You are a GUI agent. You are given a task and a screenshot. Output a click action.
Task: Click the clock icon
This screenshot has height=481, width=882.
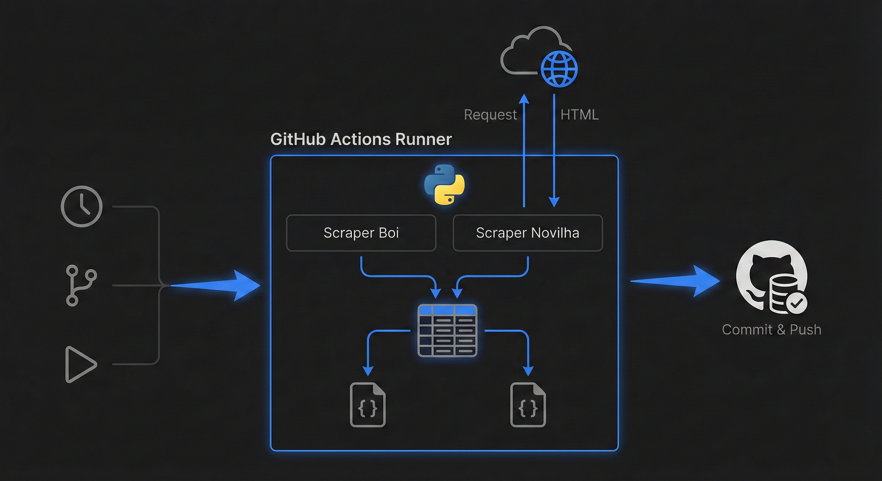tap(81, 206)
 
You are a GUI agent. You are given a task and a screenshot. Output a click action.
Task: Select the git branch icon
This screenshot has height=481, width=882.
tap(81, 285)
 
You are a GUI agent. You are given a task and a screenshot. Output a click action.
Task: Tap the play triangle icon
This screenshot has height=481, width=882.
tap(80, 364)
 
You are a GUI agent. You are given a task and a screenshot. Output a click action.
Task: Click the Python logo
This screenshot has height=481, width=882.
tap(444, 184)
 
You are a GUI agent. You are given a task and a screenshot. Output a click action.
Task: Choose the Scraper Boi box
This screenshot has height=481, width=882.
tap(361, 233)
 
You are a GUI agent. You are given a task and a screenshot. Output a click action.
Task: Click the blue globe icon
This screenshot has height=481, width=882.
tap(559, 69)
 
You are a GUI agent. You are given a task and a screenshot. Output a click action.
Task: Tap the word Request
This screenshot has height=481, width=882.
tap(490, 115)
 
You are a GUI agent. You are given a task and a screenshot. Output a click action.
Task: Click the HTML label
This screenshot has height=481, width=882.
tap(579, 115)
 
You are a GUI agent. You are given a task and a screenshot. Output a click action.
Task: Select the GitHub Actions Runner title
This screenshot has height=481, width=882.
tap(361, 139)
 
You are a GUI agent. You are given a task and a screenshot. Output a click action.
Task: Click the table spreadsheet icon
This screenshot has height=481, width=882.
tap(447, 330)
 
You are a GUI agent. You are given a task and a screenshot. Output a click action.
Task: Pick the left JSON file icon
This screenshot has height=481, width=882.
tap(368, 405)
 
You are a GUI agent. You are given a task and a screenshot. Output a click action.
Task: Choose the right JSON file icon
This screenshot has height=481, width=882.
tap(528, 405)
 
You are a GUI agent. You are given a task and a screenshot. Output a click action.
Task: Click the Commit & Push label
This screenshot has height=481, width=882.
tap(771, 330)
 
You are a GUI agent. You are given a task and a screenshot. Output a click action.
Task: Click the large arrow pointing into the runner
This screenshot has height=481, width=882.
tap(219, 285)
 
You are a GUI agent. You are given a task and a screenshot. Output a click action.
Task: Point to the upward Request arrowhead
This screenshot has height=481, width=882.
tap(524, 99)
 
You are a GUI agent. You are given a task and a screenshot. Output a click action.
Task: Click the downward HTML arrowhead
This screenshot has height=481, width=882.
tap(554, 202)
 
